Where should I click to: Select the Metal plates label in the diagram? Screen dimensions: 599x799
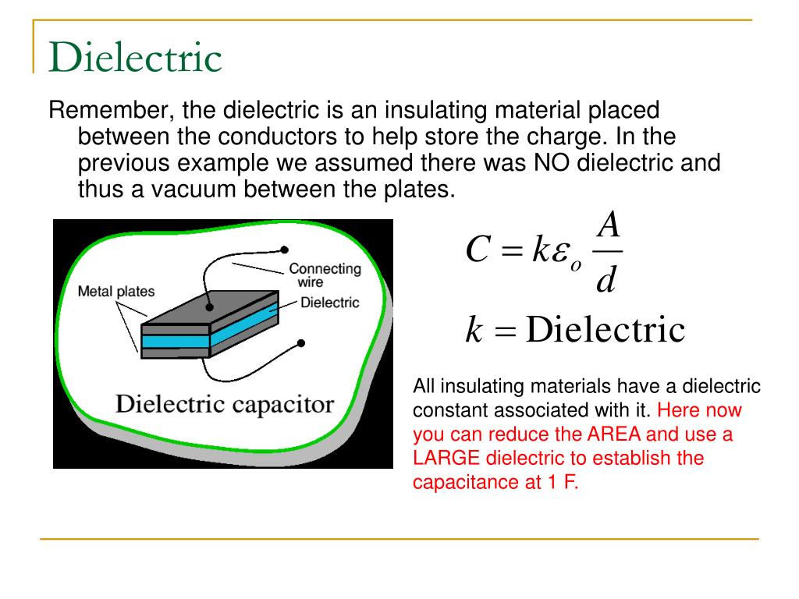(x=116, y=292)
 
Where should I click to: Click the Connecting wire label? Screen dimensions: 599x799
(x=325, y=275)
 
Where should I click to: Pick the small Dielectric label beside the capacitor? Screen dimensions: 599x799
(x=329, y=302)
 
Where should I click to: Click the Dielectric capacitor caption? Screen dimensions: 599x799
(x=225, y=405)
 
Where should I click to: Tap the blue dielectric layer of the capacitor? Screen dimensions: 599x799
(x=176, y=341)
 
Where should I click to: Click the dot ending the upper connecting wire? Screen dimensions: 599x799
(x=285, y=250)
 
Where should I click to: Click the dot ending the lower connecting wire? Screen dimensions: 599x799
(x=301, y=342)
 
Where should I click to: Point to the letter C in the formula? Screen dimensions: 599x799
(x=477, y=250)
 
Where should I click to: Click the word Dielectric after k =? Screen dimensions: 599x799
(x=605, y=331)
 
